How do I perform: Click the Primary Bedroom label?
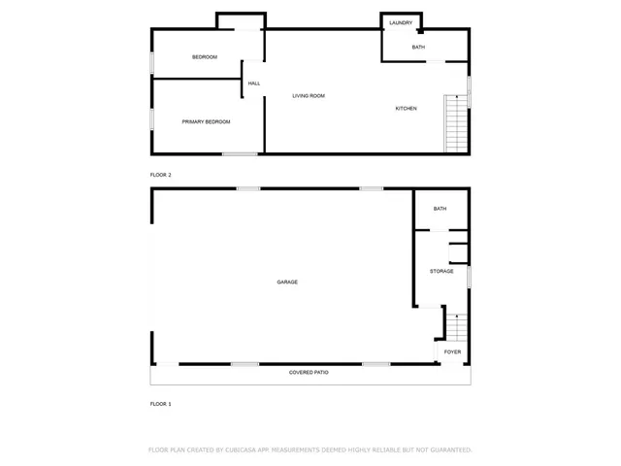tap(206, 121)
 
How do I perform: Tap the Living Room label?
tap(309, 96)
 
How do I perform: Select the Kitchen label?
tap(406, 109)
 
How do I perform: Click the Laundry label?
tap(401, 22)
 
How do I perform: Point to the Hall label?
tap(254, 83)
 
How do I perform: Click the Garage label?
tap(287, 283)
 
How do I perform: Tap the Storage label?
tap(441, 271)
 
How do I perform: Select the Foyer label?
tap(453, 351)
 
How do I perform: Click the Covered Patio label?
tap(309, 373)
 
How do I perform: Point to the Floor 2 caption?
tap(160, 175)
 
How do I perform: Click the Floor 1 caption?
tap(160, 403)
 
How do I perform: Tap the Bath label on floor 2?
tap(418, 48)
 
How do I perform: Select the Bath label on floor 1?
tap(440, 209)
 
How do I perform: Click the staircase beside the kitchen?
tap(455, 123)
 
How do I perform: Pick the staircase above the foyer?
tap(455, 327)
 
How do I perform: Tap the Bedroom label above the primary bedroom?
tap(204, 57)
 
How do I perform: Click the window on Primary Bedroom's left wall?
tap(151, 117)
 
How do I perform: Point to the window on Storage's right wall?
tap(470, 277)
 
